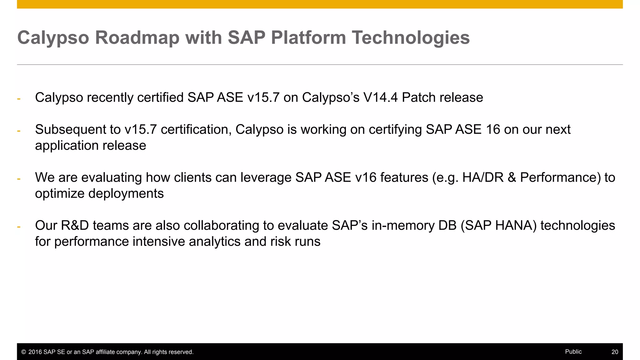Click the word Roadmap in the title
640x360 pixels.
[137, 37]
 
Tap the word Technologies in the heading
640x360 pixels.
[411, 37]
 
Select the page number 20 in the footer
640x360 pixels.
[615, 352]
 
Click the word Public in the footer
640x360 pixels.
[573, 352]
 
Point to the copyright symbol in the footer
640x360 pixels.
[23, 352]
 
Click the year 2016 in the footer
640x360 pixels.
[35, 352]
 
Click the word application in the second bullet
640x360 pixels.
[67, 146]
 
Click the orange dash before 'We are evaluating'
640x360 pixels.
[19, 179]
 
